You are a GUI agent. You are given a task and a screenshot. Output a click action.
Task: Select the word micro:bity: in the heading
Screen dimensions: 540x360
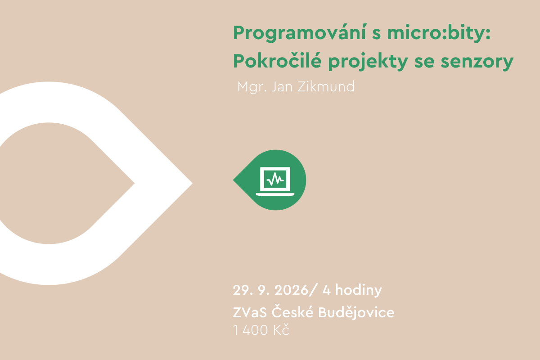tap(439, 33)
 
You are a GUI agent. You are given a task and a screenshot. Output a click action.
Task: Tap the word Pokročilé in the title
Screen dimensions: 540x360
tap(277, 61)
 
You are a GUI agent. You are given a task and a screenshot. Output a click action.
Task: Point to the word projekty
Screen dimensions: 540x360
tap(368, 62)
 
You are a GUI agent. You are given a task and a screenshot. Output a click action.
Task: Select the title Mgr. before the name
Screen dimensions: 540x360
tap(252, 87)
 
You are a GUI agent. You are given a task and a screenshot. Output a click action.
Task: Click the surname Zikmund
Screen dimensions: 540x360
tap(326, 86)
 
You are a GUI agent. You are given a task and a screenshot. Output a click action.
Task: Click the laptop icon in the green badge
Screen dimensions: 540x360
tap(275, 181)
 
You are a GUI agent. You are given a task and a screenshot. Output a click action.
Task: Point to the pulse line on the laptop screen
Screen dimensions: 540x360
tap(275, 179)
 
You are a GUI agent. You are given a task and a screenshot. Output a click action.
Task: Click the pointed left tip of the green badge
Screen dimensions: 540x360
tap(234, 180)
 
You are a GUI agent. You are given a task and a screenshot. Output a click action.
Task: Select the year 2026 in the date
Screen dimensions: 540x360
tap(291, 290)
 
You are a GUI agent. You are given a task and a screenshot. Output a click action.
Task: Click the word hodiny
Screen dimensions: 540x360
tap(359, 291)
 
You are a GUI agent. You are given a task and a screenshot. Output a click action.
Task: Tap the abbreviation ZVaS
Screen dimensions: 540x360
tap(250, 312)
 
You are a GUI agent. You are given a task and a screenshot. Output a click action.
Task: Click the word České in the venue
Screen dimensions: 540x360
tap(292, 311)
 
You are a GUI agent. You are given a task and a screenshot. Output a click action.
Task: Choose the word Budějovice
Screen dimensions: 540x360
tap(356, 312)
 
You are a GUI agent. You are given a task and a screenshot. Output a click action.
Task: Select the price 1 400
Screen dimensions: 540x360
tap(251, 330)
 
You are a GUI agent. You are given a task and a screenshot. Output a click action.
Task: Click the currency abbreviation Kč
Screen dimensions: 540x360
tap(281, 329)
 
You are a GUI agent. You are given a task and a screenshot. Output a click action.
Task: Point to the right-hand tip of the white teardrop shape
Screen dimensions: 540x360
tap(193, 183)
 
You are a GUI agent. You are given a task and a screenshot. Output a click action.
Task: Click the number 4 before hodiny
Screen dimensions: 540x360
tap(326, 290)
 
